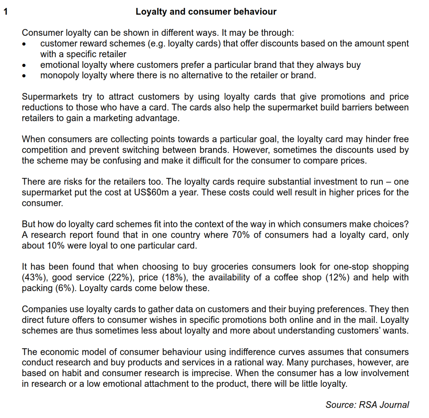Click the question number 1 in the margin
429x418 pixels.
pyautogui.click(x=5, y=12)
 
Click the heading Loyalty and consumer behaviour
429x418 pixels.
pyautogui.click(x=206, y=12)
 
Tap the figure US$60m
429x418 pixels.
pyautogui.click(x=151, y=192)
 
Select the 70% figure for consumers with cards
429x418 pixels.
pyautogui.click(x=241, y=235)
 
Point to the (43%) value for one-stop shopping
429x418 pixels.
pyautogui.click(x=32, y=277)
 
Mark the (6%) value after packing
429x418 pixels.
pyautogui.click(x=65, y=288)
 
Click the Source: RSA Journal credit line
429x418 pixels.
pyautogui.click(x=367, y=405)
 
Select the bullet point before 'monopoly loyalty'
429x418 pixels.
pyautogui.click(x=24, y=76)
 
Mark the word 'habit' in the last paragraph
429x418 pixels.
pyautogui.click(x=72, y=373)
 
